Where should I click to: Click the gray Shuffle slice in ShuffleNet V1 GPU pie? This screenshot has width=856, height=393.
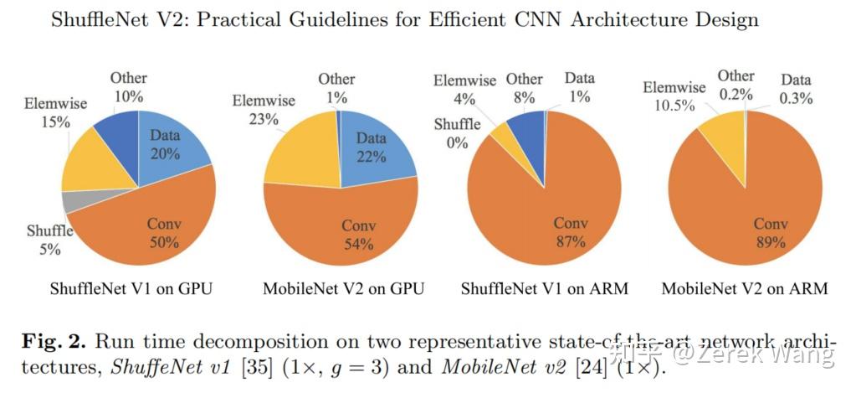click(74, 201)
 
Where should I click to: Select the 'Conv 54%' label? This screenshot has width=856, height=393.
click(358, 235)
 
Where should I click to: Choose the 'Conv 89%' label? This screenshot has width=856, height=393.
click(770, 233)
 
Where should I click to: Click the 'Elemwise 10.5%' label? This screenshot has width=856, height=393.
click(674, 97)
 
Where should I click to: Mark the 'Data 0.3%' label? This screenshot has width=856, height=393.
click(796, 90)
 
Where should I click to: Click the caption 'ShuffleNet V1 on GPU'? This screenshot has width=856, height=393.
click(131, 290)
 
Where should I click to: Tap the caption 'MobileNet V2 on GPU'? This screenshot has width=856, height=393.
click(343, 290)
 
